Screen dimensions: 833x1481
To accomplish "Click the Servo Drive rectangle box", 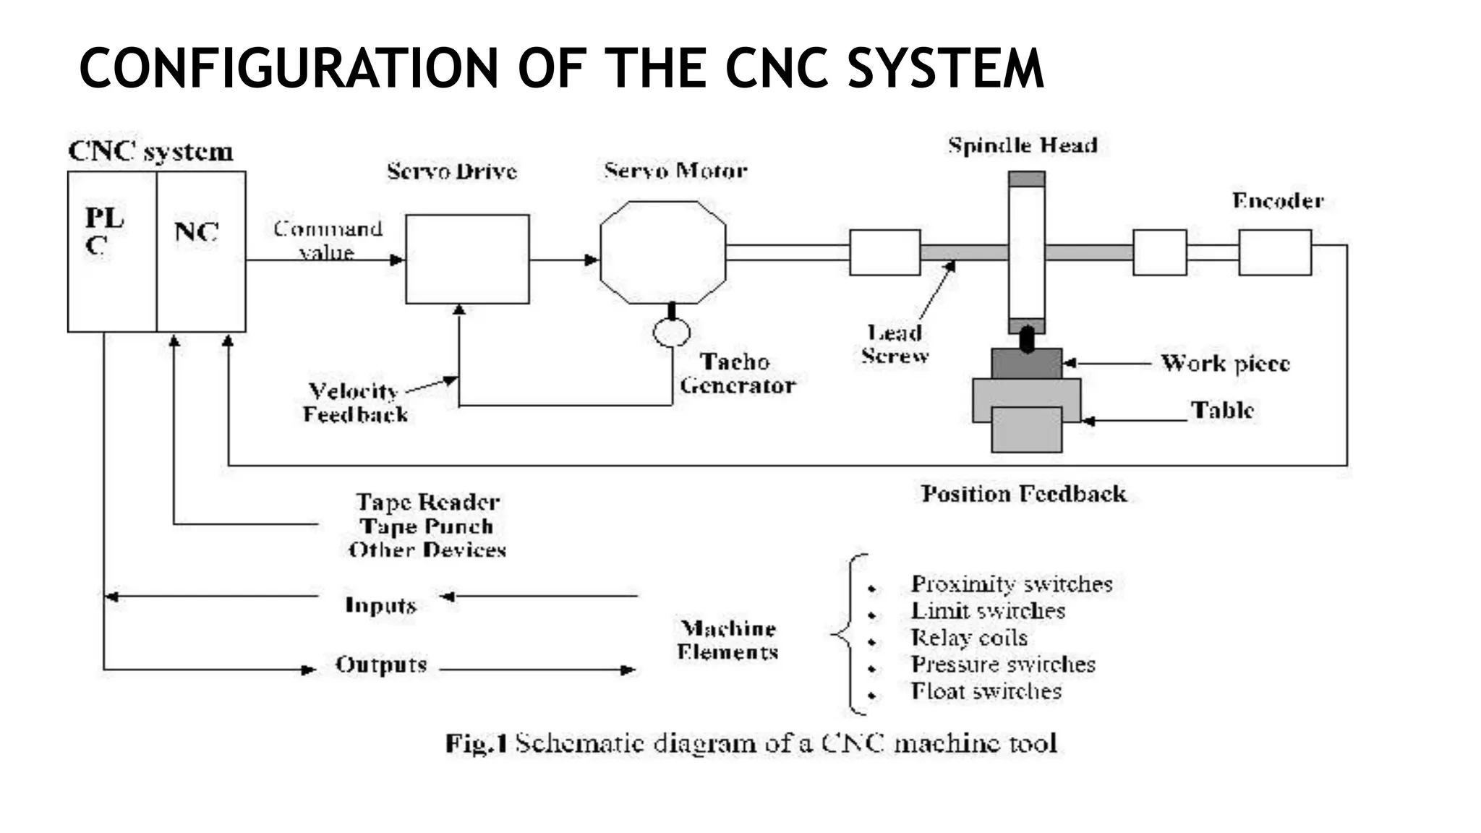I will [x=467, y=259].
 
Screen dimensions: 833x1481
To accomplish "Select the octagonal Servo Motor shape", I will [x=662, y=252].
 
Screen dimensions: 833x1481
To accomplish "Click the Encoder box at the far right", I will [x=1274, y=252].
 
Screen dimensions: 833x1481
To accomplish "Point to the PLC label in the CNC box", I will [x=104, y=231].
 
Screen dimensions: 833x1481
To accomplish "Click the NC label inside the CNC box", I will [x=196, y=232].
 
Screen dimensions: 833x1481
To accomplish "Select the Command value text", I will [x=327, y=240].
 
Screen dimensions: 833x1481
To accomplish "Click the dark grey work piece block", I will [x=1026, y=364].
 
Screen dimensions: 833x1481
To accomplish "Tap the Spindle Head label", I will [x=1023, y=146].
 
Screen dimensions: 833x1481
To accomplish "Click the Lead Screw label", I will [x=895, y=344].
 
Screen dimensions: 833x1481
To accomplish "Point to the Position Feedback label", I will [x=1023, y=494].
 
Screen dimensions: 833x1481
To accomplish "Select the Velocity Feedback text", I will [x=354, y=403].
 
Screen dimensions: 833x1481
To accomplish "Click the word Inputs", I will [x=380, y=605].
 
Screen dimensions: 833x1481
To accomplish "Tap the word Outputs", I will [x=381, y=665].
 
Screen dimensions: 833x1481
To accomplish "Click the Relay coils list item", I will [x=968, y=638].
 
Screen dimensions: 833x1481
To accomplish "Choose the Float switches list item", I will [x=986, y=691].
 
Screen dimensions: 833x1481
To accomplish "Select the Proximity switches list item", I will [x=1011, y=584].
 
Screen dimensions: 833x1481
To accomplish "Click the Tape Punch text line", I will [x=427, y=526].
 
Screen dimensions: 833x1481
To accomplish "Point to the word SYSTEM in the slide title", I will [x=946, y=68].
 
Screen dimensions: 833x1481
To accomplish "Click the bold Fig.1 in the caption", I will [x=476, y=743].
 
